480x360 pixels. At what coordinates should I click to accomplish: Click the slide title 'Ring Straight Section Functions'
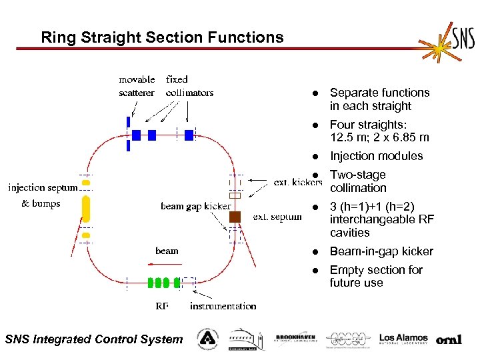click(162, 37)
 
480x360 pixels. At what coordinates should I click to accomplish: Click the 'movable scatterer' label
click(137, 86)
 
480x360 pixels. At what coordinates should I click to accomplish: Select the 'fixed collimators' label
click(189, 86)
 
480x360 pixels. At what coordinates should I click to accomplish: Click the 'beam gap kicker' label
click(195, 206)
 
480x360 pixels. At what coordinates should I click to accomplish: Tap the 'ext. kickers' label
click(298, 182)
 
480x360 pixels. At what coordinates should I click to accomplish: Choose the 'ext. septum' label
click(277, 217)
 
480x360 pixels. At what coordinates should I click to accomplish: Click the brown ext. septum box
click(235, 217)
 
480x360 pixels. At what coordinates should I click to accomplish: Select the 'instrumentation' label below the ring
click(223, 306)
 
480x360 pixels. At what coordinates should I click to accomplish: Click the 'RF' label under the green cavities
click(162, 306)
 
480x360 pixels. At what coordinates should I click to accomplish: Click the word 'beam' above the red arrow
click(167, 251)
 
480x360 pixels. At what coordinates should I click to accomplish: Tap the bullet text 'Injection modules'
click(376, 156)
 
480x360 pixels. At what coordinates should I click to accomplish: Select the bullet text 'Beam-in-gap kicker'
click(381, 251)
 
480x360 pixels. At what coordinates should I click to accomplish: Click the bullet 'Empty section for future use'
click(376, 276)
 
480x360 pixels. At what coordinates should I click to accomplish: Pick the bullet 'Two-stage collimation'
click(359, 181)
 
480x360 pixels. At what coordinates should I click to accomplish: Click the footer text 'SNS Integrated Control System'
click(93, 339)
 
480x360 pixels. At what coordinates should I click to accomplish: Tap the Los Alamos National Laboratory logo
click(403, 339)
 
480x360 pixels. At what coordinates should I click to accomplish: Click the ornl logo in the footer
click(449, 339)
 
